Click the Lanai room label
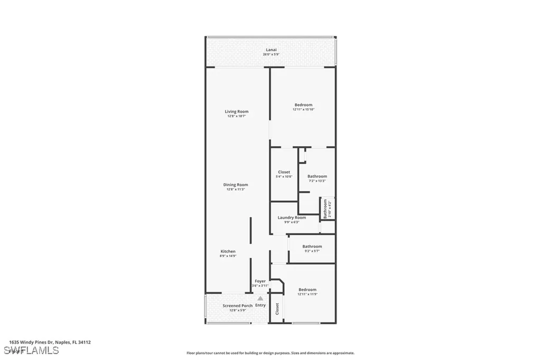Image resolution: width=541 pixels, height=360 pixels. coord(270,50)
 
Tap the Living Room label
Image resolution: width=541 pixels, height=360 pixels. coord(236,112)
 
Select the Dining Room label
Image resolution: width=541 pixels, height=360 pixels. coord(236,184)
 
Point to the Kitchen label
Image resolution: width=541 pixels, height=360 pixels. coord(228,251)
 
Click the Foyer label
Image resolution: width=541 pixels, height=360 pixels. coord(260,281)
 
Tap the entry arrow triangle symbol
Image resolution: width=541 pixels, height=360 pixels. coord(260,298)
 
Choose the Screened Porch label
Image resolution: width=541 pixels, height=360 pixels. coord(237,306)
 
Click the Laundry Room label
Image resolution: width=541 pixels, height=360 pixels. coord(292,217)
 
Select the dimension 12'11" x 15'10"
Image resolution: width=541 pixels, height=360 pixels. coord(303,109)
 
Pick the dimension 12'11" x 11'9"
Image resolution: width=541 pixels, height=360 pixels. coord(307,294)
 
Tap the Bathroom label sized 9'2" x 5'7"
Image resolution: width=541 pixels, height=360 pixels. coord(312,246)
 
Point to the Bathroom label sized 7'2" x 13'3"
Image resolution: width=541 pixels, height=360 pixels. coord(317,176)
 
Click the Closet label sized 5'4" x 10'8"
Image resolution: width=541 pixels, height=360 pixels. coord(284,172)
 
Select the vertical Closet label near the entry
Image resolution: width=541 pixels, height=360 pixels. coord(277,309)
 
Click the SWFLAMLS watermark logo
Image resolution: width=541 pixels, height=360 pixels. coord(31,350)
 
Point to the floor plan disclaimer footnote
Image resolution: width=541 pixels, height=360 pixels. coord(270,353)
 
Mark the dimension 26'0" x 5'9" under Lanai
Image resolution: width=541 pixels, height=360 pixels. coord(270,54)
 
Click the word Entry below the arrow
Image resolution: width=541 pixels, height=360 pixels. coord(260,305)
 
